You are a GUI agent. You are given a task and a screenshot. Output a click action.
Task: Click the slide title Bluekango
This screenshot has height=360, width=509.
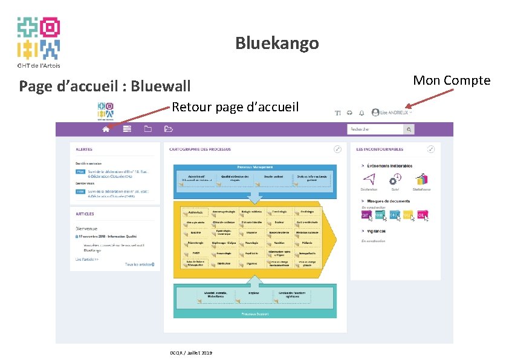[277, 44]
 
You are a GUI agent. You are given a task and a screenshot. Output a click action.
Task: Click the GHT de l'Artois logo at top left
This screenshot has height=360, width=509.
[38, 41]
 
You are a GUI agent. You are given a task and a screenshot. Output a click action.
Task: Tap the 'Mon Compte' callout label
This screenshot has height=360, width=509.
[452, 80]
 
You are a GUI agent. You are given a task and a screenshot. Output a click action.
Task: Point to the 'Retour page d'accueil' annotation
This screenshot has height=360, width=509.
[235, 108]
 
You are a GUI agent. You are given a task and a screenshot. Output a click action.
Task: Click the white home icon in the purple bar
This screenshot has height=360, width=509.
[106, 129]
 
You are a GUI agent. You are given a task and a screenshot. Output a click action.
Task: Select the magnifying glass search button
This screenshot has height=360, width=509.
[409, 129]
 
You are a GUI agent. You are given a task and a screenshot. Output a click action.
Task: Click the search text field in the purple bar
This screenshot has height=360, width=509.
[375, 129]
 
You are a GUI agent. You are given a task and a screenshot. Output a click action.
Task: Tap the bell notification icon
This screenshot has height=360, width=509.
[361, 113]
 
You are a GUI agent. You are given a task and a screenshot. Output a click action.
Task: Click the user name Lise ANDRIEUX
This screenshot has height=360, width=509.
[394, 113]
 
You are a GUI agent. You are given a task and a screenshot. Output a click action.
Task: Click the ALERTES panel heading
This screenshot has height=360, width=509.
[84, 149]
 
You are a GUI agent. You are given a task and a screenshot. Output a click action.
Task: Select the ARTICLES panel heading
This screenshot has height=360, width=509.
[85, 214]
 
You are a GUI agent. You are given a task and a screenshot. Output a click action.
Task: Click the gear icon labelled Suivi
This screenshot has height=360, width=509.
[395, 180]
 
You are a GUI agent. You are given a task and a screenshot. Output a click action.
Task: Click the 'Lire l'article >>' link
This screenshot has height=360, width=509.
[87, 259]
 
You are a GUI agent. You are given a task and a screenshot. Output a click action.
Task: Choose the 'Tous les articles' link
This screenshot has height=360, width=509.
[139, 264]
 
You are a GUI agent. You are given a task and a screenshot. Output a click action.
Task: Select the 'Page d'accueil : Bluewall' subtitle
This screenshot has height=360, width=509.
[105, 86]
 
